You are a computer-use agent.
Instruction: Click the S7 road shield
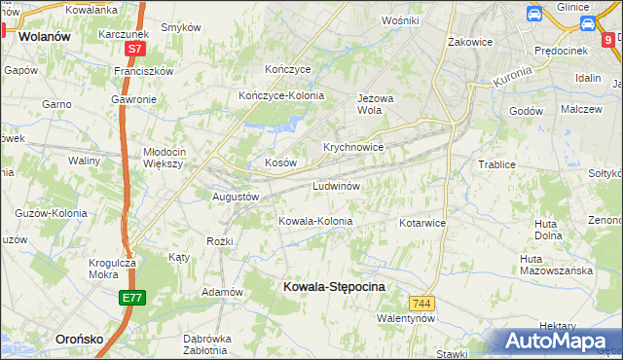point(135,47)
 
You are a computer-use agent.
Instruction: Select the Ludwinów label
point(337,185)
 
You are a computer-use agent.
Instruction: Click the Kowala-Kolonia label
point(315,221)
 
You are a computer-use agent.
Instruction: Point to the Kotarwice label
point(421,223)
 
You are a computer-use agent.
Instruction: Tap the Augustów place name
point(236,196)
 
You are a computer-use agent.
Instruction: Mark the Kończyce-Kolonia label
point(281,95)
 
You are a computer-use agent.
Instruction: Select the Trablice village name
point(496,164)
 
